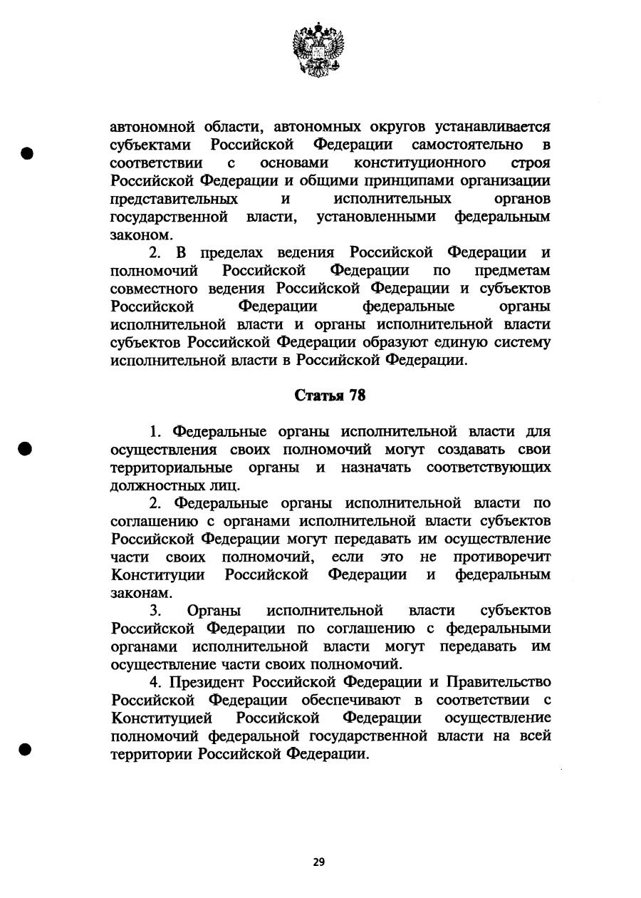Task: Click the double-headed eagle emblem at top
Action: click(x=318, y=49)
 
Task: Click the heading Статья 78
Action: click(x=330, y=396)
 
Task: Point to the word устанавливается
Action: click(x=491, y=128)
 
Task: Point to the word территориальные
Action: click(x=172, y=468)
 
